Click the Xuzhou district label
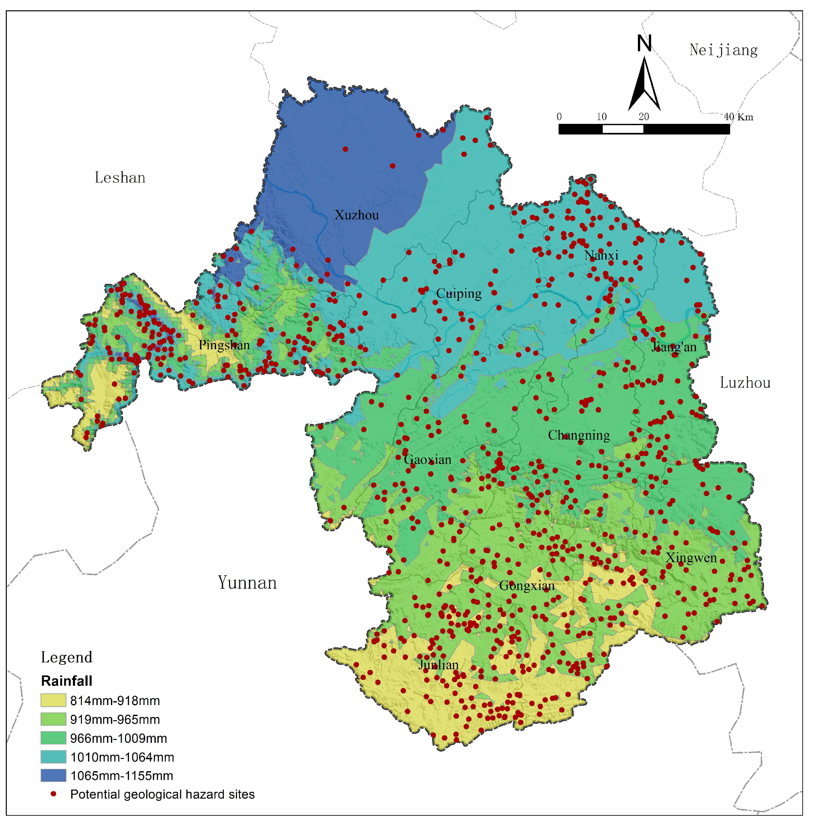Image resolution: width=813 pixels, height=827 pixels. click(357, 215)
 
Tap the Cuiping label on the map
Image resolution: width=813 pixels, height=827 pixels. click(459, 294)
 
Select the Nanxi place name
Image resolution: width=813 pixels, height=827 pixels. click(601, 255)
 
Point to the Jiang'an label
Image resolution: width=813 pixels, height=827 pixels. click(674, 347)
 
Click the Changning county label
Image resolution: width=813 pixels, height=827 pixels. click(579, 435)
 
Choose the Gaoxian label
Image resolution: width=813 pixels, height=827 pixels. click(427, 460)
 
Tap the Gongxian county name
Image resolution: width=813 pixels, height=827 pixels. click(527, 586)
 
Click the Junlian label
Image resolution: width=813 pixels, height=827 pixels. click(439, 665)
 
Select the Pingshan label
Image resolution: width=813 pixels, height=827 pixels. click(224, 345)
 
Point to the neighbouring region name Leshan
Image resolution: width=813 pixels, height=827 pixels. click(120, 178)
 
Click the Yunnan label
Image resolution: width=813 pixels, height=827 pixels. click(247, 583)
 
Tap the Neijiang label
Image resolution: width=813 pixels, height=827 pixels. click(723, 50)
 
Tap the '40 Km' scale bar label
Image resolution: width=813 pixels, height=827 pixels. click(739, 117)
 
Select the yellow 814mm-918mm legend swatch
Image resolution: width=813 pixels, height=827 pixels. click(54, 701)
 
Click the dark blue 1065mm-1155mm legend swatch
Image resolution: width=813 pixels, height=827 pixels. click(54, 775)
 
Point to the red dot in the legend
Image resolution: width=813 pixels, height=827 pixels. click(54, 794)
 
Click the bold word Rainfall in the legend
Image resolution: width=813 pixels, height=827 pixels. click(67, 681)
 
